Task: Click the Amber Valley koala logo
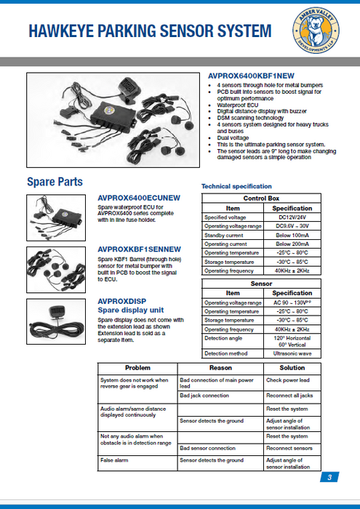click(x=316, y=31)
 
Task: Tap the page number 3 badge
click(x=329, y=477)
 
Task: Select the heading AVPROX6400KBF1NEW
click(x=251, y=76)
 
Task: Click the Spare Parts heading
click(x=55, y=182)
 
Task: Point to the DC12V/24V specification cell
click(x=292, y=217)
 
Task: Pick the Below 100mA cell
click(x=292, y=235)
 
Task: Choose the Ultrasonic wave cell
click(x=292, y=353)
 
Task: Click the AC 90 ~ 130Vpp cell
click(x=292, y=303)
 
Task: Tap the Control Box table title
click(x=261, y=199)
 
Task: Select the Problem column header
click(x=137, y=368)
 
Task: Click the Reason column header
click(x=220, y=368)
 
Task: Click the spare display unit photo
click(x=56, y=321)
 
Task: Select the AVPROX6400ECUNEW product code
click(x=139, y=198)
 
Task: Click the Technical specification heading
click(x=236, y=186)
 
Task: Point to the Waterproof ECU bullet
click(x=238, y=105)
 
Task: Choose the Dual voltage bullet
click(x=233, y=138)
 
